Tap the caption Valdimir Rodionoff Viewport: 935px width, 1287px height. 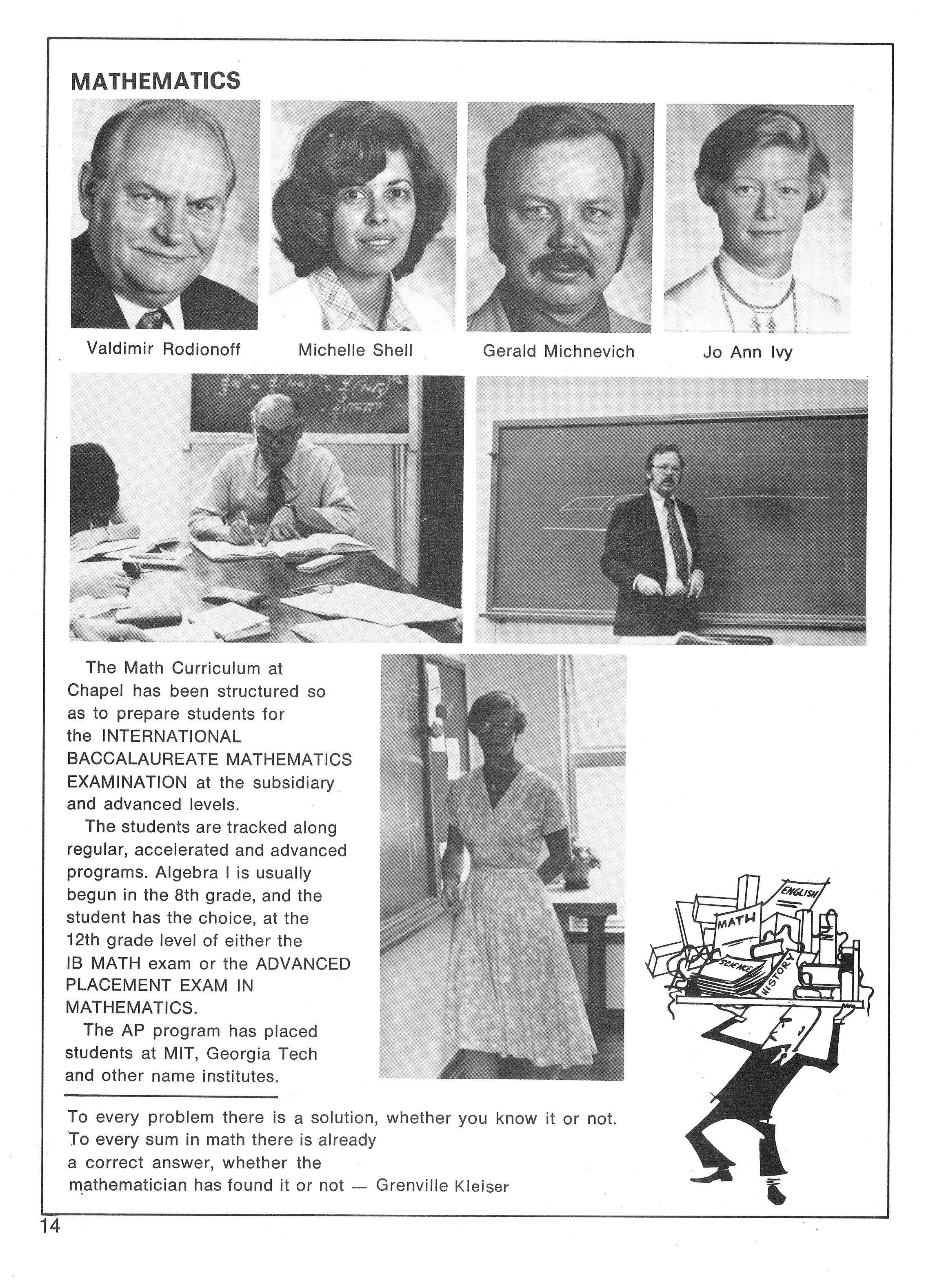163,349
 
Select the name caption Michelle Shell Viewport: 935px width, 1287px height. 356,350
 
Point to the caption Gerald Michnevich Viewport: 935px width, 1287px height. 558,351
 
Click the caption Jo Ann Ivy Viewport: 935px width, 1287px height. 747,352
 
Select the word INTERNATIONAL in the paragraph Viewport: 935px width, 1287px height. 171,736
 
